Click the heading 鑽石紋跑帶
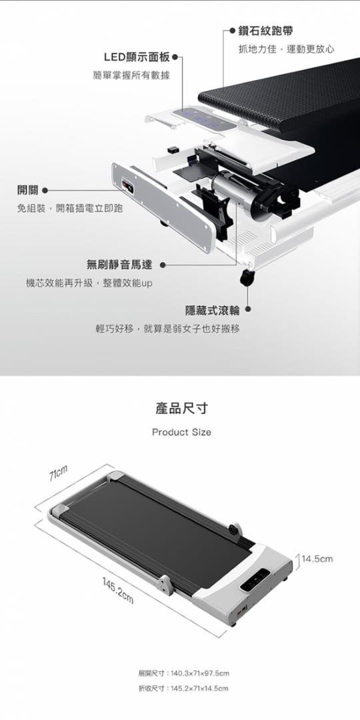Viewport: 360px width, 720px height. (265, 31)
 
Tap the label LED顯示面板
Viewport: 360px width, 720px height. (137, 57)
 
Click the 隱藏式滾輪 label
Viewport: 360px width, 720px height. (212, 311)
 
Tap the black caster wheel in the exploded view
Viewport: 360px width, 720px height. (247, 277)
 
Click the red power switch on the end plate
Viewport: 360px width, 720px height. (127, 187)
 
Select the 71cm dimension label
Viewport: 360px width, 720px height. (58, 473)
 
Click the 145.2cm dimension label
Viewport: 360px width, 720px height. (118, 589)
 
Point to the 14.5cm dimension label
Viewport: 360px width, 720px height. (317, 559)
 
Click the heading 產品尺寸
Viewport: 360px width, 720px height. (181, 408)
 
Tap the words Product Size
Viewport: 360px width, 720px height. (181, 432)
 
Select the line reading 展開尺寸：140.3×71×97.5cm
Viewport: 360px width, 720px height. (183, 673)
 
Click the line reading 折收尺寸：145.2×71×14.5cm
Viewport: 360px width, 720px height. (183, 688)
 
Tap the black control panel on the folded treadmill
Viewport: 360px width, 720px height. (255, 580)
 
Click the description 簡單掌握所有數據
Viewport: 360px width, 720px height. (131, 76)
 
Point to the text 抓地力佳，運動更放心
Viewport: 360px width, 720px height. (286, 49)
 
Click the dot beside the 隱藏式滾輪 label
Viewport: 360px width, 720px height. (247, 311)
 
